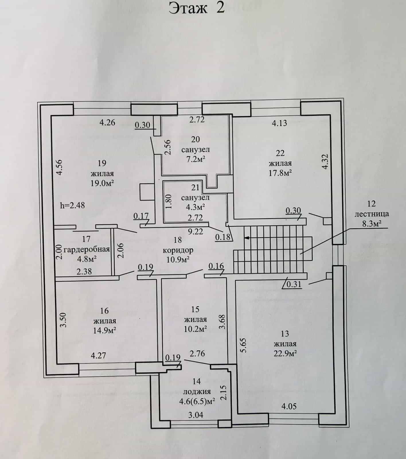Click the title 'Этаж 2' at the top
[x=196, y=8]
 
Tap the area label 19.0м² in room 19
[x=102, y=183]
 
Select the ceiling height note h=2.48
[x=73, y=205]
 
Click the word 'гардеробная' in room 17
[x=87, y=249]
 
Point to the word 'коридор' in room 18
[x=178, y=250]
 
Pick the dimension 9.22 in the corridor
[x=195, y=232]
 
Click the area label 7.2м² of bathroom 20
[x=196, y=159]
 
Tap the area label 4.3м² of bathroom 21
[x=195, y=207]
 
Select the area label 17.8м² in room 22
[x=280, y=173]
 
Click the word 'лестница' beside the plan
[x=372, y=214]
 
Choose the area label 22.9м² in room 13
[x=285, y=353]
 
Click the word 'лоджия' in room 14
[x=197, y=392]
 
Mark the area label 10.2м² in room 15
[x=196, y=329]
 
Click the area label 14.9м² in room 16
[x=105, y=330]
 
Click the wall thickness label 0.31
[x=294, y=284]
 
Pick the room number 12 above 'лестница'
[x=371, y=204]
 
